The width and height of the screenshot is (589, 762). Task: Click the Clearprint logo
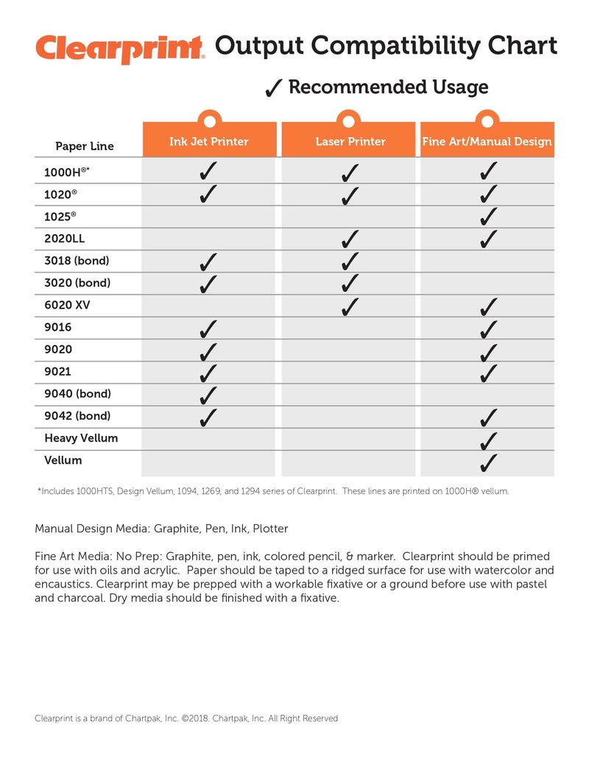tap(119, 49)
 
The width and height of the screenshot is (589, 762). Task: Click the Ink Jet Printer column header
tap(209, 141)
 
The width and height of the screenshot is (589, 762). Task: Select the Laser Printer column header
tap(350, 141)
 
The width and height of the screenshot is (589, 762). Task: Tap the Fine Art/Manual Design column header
tap(487, 141)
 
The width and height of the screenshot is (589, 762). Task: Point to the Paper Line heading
tap(85, 146)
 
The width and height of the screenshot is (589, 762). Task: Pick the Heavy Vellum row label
tap(81, 438)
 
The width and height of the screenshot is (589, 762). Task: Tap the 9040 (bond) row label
tap(77, 394)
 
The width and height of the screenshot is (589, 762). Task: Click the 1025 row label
tap(60, 216)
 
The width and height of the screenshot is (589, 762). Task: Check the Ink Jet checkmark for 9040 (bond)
tap(208, 395)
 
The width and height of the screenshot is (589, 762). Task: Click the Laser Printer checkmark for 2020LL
tap(350, 239)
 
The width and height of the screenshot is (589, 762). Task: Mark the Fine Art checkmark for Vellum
tap(487, 462)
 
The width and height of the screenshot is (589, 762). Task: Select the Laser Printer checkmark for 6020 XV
tap(350, 305)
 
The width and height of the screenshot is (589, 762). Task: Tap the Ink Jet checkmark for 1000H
tap(208, 172)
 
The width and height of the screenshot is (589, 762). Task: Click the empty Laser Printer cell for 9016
tap(350, 328)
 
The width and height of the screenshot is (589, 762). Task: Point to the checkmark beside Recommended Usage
tap(273, 88)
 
